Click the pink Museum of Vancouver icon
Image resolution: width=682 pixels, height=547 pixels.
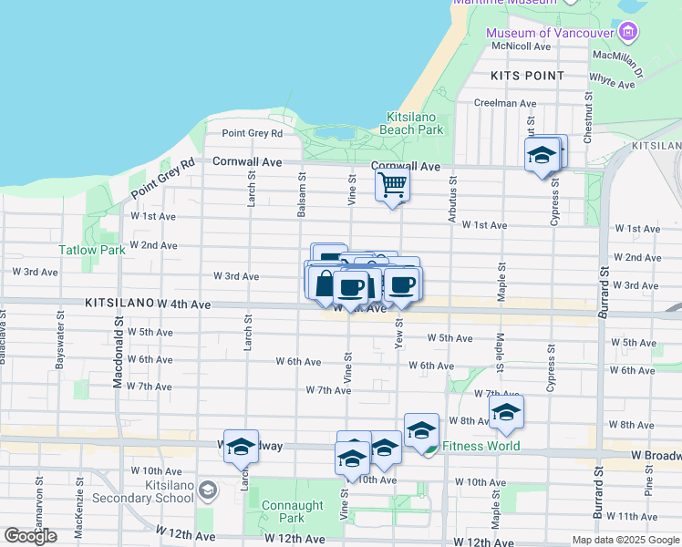[627, 34]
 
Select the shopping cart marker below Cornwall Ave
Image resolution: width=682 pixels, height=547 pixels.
[393, 184]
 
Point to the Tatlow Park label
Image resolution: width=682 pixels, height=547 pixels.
[92, 249]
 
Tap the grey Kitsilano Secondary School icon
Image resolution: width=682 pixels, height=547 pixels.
[208, 491]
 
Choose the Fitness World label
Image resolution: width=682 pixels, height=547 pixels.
[480, 446]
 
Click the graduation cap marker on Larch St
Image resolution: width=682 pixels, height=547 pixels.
[242, 447]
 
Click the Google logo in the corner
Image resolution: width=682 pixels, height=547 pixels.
[30, 536]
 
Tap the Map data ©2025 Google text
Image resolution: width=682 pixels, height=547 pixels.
[625, 540]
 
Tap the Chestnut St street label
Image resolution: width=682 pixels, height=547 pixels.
[589, 119]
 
